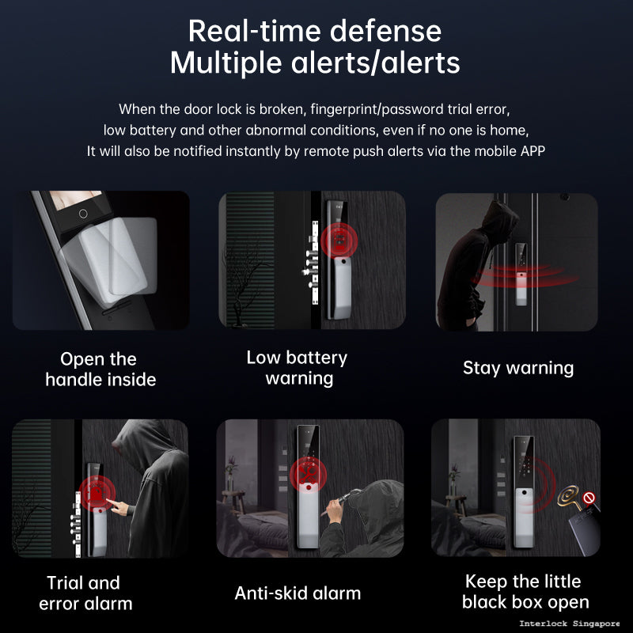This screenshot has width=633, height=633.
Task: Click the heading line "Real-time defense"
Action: pyautogui.click(x=315, y=31)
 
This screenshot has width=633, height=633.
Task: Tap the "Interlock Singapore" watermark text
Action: pyautogui.click(x=569, y=624)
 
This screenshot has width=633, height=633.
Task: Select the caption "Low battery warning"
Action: pyautogui.click(x=298, y=368)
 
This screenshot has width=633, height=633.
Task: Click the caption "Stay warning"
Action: pyautogui.click(x=517, y=368)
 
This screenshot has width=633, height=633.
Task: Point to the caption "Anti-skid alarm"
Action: pyautogui.click(x=298, y=593)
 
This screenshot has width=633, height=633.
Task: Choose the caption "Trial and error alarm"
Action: pyautogui.click(x=84, y=593)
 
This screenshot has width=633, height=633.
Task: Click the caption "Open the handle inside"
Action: pyautogui.click(x=100, y=369)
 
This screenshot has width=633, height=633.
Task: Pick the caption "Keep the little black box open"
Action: pyautogui.click(x=525, y=592)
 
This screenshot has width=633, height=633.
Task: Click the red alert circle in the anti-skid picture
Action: pyautogui.click(x=308, y=475)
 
